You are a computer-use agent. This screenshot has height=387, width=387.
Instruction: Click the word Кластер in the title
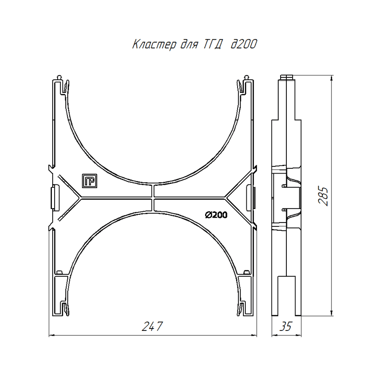coord(154,45)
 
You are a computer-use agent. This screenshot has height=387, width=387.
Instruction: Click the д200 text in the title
coord(244,44)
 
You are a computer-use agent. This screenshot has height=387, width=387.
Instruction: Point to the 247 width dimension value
coord(152,326)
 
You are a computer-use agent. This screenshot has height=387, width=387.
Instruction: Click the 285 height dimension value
coord(323,196)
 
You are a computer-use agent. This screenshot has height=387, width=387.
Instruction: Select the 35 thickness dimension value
coord(286,326)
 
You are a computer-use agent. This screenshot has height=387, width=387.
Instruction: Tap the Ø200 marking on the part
coord(216,215)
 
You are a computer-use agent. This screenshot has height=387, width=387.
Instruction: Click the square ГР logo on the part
coord(89,181)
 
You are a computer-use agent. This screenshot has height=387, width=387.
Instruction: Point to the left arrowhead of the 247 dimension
coord(52,335)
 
